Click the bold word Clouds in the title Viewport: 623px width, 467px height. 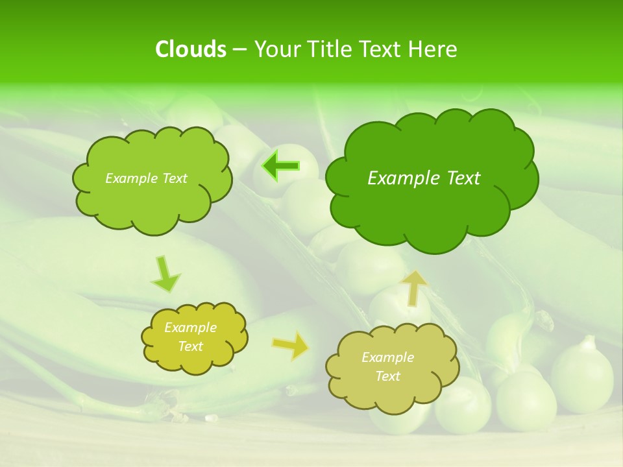click(190, 49)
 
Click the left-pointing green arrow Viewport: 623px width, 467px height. click(281, 167)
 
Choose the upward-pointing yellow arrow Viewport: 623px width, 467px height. click(414, 288)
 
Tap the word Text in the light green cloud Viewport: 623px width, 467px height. click(174, 178)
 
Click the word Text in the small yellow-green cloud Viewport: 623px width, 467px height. click(191, 346)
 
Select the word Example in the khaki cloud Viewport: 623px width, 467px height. click(387, 357)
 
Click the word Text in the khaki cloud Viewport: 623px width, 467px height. click(387, 376)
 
